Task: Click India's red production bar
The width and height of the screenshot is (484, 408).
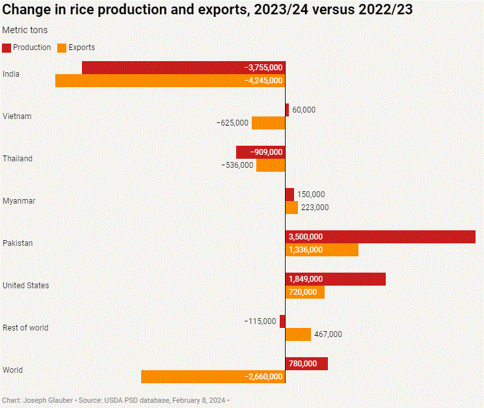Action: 183,68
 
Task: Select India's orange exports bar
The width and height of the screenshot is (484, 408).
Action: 170,81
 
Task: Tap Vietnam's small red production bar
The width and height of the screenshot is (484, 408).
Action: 287,110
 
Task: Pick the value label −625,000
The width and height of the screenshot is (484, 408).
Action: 232,123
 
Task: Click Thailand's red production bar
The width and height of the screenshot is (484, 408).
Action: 261,152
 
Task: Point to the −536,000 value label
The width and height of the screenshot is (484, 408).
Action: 237,165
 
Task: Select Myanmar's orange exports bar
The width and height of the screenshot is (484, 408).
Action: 291,208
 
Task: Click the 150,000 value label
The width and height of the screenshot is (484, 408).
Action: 311,195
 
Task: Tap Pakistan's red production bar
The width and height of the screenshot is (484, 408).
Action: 381,237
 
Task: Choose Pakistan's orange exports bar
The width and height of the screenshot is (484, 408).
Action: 322,250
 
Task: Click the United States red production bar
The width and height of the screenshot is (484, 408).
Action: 336,279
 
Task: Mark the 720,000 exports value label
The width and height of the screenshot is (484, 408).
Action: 302,292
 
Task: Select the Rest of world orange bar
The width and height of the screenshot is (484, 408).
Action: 298,334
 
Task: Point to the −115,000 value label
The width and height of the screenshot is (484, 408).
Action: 260,321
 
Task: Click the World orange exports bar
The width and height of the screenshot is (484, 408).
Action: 213,377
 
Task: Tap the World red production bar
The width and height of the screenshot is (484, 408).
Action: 306,364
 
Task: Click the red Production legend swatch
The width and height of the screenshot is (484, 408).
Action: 7,48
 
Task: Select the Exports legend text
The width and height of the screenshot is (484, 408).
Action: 81,48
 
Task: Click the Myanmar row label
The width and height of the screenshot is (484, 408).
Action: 19,201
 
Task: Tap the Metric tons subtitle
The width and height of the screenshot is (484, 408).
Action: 25,30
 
